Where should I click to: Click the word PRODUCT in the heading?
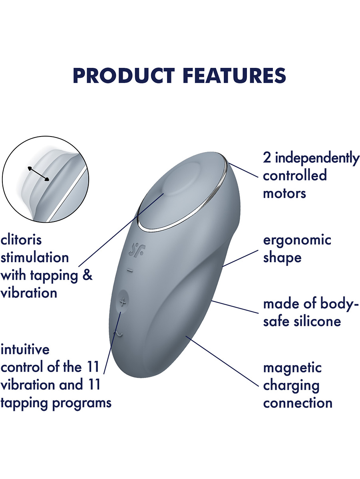124,75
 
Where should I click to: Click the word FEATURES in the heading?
236,75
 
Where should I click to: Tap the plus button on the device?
122,302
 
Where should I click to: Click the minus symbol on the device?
130,271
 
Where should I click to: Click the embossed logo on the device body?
137,249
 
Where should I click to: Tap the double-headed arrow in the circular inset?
38,174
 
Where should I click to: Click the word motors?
284,193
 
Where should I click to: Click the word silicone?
317,321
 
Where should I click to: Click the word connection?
298,403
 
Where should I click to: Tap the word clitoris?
21,239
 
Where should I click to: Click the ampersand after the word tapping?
88,275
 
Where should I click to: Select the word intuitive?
25,349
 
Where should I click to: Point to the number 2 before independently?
267,158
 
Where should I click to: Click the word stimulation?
34,257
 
